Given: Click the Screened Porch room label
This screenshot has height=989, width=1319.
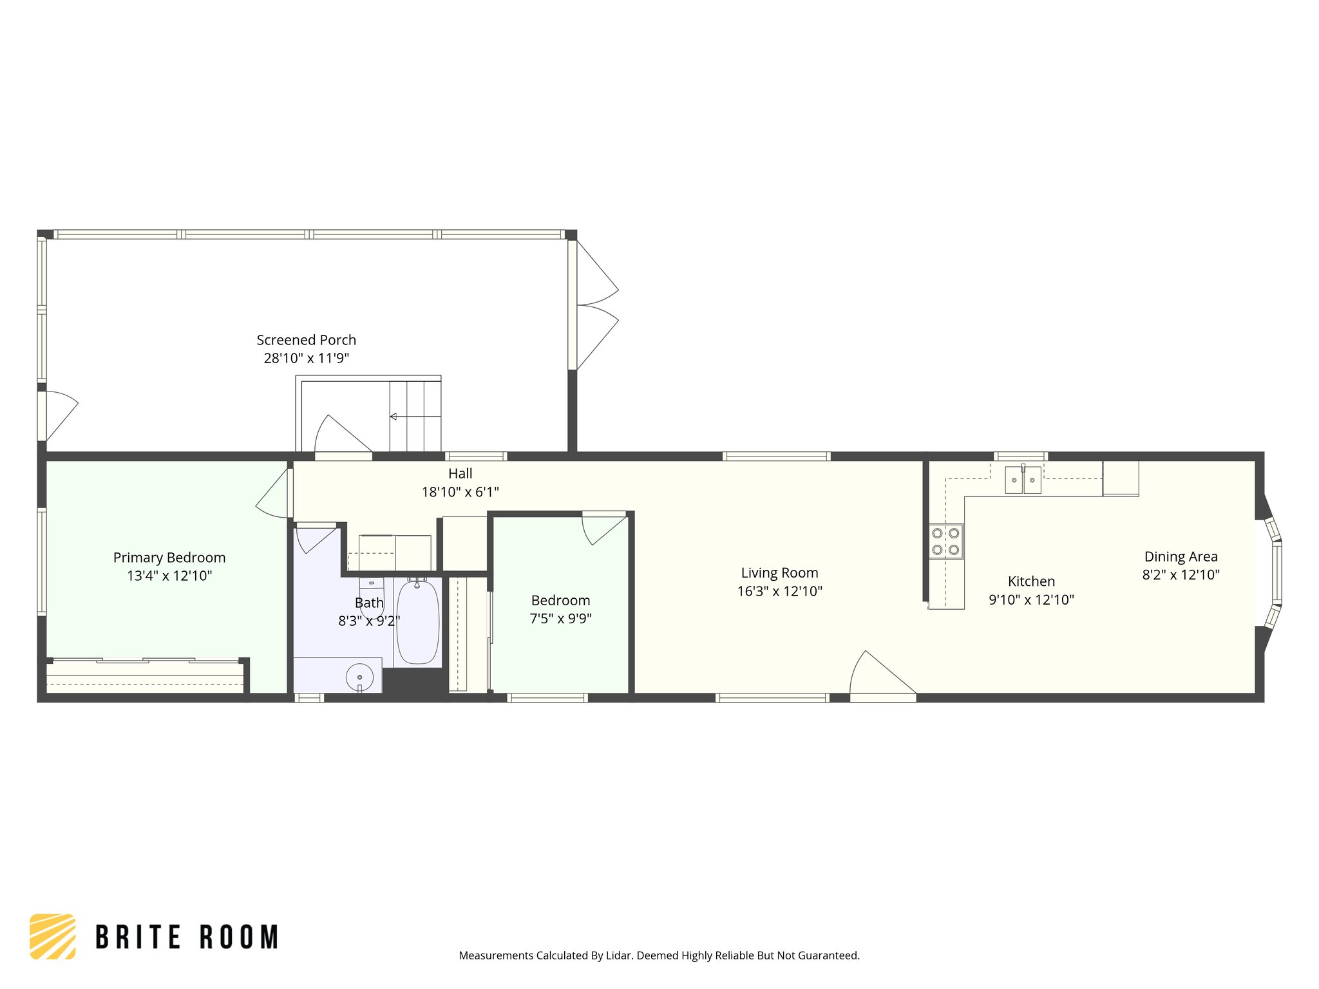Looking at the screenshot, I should coord(306,340).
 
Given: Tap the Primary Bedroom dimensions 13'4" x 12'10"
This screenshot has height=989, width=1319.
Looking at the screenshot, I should coord(169,576).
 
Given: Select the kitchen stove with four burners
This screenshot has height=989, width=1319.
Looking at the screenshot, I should coord(945,541).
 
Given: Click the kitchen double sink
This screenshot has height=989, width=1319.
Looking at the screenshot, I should coord(1023,480).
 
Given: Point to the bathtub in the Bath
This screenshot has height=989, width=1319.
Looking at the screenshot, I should coord(417,622).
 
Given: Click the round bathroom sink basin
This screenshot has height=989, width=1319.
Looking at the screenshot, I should coord(359,677).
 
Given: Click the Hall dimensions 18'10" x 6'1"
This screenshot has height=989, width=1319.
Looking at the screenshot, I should coord(460,493).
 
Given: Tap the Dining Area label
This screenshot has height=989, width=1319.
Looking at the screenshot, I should coord(1181,557).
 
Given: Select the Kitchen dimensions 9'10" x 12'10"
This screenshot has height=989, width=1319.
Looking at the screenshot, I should coord(1031,600).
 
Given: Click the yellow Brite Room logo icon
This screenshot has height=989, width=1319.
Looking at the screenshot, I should coord(52,937).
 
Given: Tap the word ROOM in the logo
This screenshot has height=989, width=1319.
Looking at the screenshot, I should coord(239,937).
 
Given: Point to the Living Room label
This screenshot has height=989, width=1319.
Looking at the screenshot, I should coord(779,573).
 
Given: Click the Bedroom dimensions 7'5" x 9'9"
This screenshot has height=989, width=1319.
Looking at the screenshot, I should coord(560,619).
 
